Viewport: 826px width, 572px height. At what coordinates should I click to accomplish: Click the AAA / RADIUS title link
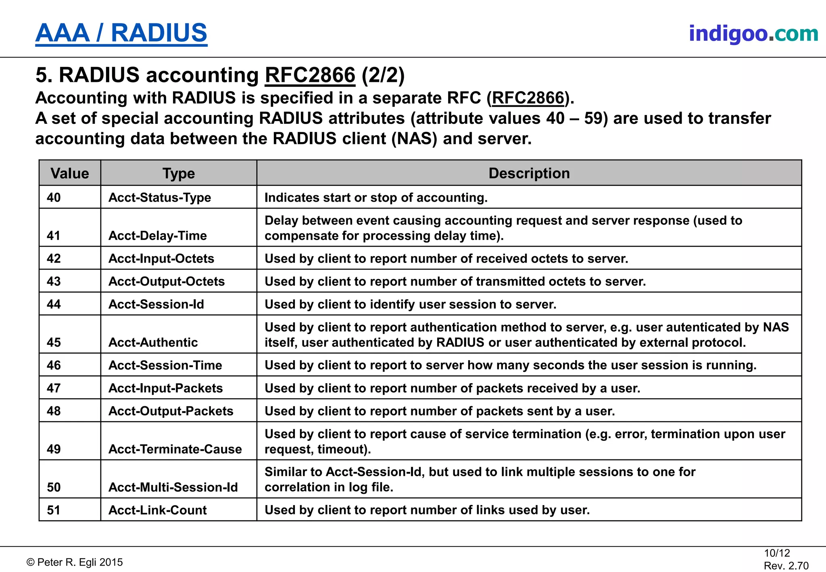tap(121, 33)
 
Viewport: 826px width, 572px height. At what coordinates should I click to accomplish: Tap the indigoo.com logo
tap(753, 33)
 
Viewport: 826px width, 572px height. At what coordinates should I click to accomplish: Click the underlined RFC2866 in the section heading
tap(310, 75)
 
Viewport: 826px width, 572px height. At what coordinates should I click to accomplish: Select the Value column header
tap(70, 173)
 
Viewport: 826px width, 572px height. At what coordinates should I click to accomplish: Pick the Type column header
tap(179, 173)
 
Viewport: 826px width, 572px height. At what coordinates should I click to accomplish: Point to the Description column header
tap(529, 173)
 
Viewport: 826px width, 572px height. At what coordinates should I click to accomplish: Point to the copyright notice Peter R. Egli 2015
tap(75, 562)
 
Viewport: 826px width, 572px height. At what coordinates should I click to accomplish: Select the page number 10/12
tap(777, 553)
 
